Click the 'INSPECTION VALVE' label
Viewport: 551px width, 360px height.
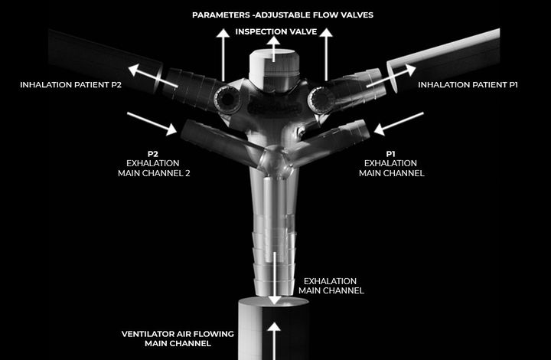coord(275,31)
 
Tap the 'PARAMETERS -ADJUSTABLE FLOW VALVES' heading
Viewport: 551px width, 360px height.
coord(282,15)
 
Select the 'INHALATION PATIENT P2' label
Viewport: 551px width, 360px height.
coord(70,85)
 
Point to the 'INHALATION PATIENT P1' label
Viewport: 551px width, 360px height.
coord(468,85)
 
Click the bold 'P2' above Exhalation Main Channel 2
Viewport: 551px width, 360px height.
coord(153,154)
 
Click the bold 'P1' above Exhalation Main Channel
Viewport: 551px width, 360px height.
coord(391,154)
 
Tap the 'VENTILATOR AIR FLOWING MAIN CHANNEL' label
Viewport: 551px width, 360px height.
coord(178,339)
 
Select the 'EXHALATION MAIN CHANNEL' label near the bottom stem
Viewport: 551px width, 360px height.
coord(331,286)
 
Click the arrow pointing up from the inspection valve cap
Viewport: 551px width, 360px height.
coord(273,49)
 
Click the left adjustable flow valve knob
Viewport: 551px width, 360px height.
coord(227,100)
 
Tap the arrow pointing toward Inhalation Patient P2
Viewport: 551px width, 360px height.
coord(152,76)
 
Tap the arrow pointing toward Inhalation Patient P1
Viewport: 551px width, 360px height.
coord(391,75)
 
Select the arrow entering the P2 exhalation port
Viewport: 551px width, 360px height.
coord(152,124)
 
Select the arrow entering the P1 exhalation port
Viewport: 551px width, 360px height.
coord(399,124)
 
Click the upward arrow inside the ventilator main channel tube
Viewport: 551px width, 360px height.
coord(274,341)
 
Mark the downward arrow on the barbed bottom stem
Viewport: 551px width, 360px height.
coord(275,278)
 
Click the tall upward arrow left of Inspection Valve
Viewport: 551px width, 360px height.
coord(223,55)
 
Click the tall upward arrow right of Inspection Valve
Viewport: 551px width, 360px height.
coord(326,54)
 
